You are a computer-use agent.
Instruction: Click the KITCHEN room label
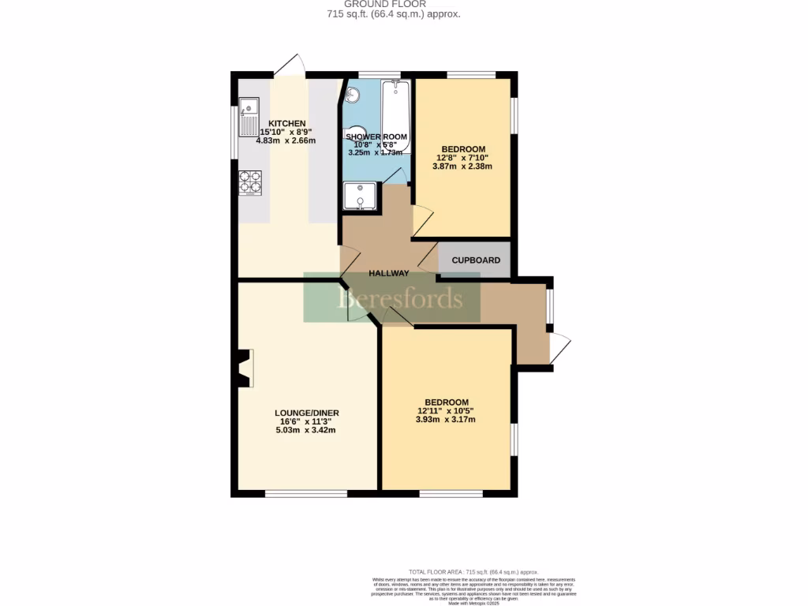pos(286,124)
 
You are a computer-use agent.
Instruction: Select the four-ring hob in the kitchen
pos(250,182)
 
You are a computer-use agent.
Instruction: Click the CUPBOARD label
pos(475,260)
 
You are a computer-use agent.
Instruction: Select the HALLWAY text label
pos(389,274)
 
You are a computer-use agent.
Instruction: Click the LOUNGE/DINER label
pos(307,413)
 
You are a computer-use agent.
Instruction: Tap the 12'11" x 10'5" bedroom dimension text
pos(447,411)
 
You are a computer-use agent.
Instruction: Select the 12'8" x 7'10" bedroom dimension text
pos(463,158)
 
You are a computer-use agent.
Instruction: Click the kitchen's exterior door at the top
pos(290,65)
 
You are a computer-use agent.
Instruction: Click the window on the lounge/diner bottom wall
pos(306,494)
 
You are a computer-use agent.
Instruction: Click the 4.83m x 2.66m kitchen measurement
pos(286,141)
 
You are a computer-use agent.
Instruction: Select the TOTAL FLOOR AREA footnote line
pos(473,571)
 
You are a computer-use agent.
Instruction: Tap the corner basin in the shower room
pos(352,95)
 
